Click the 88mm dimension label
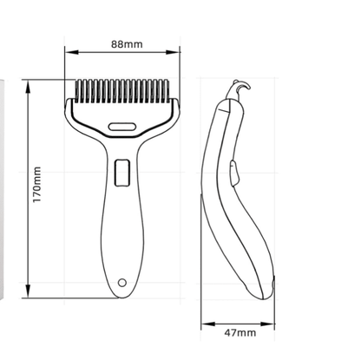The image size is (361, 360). (127, 44)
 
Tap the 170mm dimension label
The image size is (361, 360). (36, 185)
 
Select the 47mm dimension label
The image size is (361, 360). (240, 333)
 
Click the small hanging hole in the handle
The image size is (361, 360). (122, 282)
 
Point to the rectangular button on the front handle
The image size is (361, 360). (122, 173)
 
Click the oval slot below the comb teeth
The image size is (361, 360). (122, 127)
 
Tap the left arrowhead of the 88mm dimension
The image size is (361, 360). (72, 52)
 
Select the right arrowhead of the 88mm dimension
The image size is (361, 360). (173, 52)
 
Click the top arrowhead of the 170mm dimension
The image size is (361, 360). (28, 87)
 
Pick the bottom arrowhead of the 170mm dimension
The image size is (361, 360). (28, 291)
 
